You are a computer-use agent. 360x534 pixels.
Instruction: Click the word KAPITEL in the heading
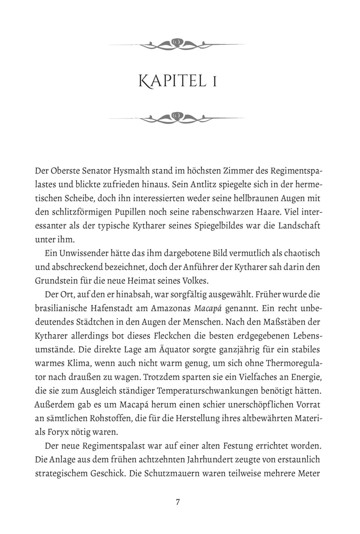coord(172,81)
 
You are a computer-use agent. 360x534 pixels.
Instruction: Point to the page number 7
coord(178,502)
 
